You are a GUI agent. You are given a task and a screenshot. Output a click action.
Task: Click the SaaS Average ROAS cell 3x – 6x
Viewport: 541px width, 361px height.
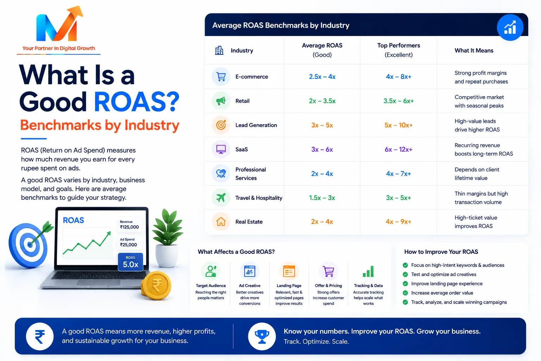[322, 149]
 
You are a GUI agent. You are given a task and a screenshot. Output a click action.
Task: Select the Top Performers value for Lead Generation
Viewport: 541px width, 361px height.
[398, 125]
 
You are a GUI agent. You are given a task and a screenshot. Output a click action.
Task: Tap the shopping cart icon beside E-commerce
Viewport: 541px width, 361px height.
[221, 77]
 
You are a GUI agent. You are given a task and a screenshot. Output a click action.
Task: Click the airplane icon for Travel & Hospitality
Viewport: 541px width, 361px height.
[221, 197]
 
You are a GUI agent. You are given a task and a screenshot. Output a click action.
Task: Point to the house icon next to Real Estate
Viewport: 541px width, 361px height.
[221, 221]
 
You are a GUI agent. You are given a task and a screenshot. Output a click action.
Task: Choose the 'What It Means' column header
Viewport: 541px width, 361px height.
[474, 50]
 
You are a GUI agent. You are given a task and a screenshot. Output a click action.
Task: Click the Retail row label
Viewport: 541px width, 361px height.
[242, 101]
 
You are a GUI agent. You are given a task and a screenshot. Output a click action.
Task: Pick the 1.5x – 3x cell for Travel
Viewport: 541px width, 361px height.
[322, 198]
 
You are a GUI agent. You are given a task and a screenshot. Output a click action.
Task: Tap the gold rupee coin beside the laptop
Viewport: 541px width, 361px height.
[156, 286]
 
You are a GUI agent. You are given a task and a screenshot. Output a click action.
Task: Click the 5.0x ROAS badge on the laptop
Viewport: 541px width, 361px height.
[130, 262]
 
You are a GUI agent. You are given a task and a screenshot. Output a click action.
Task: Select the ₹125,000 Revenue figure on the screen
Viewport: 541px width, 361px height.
[129, 227]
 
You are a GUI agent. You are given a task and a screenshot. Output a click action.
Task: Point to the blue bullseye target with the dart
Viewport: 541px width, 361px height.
[29, 245]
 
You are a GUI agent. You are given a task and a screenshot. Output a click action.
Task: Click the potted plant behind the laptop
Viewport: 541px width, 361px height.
[168, 238]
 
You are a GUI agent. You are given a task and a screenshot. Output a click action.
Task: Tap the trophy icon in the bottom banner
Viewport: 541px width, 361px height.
[262, 336]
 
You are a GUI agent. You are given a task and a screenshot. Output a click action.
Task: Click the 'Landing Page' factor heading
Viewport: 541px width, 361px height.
[289, 286]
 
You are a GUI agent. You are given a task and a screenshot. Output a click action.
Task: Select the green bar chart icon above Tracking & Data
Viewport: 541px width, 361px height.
[368, 271]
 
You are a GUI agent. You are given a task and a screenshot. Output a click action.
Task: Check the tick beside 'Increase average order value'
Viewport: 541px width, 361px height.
[405, 293]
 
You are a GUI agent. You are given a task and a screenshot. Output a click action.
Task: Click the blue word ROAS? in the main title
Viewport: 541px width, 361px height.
[137, 102]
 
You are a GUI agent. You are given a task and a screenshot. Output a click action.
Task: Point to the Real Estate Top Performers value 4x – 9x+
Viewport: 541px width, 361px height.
[398, 222]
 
